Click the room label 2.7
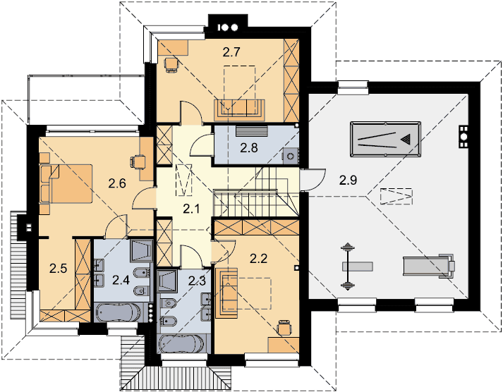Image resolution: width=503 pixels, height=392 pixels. (231, 52)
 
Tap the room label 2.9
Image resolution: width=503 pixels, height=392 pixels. (348, 180)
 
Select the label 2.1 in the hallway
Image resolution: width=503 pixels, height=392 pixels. (191, 209)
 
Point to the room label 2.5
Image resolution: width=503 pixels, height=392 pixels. (59, 268)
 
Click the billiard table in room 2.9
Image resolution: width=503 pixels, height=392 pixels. (385, 140)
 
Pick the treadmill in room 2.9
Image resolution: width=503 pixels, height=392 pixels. (429, 266)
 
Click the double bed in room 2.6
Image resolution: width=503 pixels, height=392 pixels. (66, 183)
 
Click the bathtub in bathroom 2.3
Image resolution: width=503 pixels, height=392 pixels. (181, 344)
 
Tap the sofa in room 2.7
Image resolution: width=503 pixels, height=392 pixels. (239, 109)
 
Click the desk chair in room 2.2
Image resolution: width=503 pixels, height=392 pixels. (284, 328)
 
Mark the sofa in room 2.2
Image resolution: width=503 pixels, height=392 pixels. (226, 293)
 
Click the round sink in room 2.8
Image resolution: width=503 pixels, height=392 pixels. (291, 157)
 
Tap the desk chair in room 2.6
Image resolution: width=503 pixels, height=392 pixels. (138, 161)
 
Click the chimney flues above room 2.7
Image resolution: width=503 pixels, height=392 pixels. (228, 27)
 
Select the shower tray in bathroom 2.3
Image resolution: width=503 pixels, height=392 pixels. (167, 281)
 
